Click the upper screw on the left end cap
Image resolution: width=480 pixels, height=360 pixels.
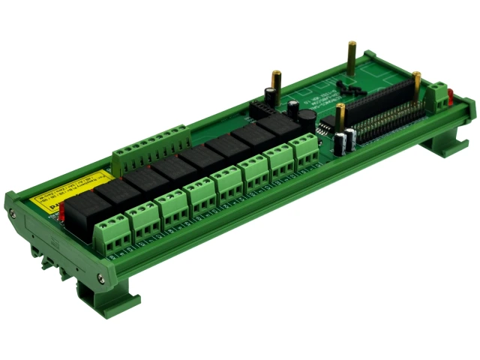(13, 213)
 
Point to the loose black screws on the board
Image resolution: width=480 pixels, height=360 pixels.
(345, 85)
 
